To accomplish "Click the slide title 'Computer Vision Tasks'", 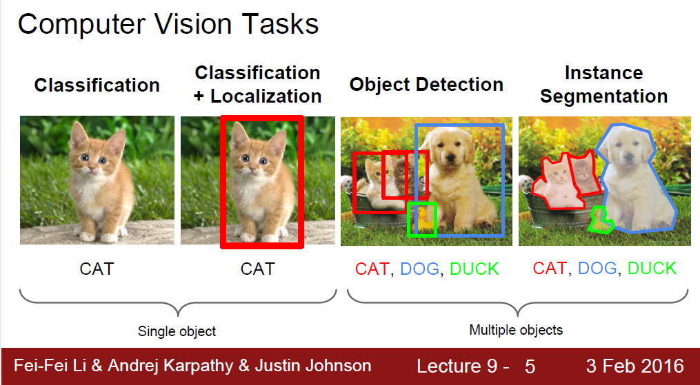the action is (x=168, y=24).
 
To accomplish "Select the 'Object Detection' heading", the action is (x=426, y=85).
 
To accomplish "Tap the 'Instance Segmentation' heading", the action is (x=603, y=85).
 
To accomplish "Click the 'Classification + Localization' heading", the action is (x=257, y=84).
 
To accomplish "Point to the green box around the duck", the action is (x=421, y=204).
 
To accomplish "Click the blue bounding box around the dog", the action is (x=503, y=179).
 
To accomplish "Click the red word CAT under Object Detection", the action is (x=372, y=269).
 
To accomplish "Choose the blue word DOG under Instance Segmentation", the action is (x=597, y=268).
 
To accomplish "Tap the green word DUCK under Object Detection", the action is (x=474, y=269).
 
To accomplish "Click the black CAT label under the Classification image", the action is (x=97, y=269).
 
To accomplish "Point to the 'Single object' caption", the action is (x=177, y=331).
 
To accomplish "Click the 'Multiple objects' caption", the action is (x=516, y=330).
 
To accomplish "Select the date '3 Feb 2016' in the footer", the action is (x=635, y=366).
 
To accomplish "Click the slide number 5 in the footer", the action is (x=530, y=366).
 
